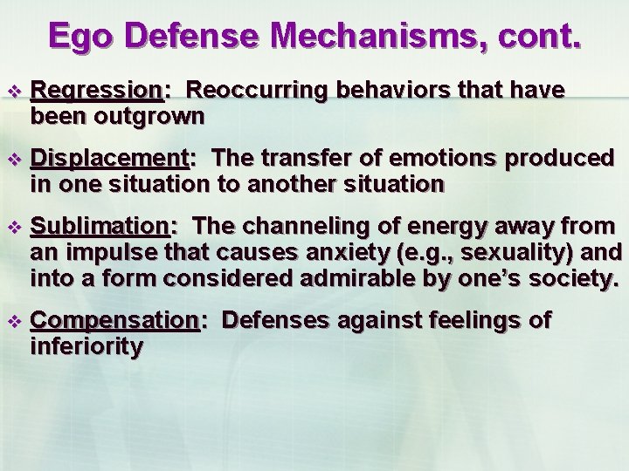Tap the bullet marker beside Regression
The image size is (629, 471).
coord(11,92)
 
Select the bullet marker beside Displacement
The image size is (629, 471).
coord(11,159)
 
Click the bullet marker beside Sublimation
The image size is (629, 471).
coord(11,227)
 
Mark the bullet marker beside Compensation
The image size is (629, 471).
coord(11,321)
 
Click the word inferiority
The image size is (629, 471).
coord(86,346)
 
